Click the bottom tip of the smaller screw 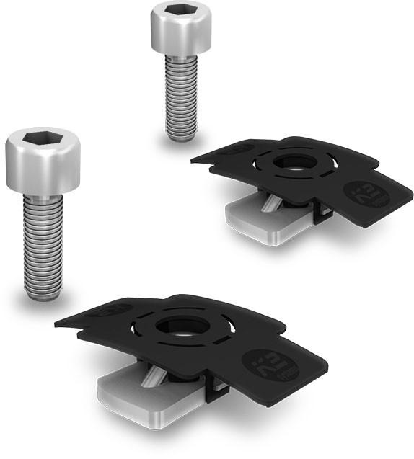tap(181, 136)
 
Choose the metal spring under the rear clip tap(269, 204)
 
